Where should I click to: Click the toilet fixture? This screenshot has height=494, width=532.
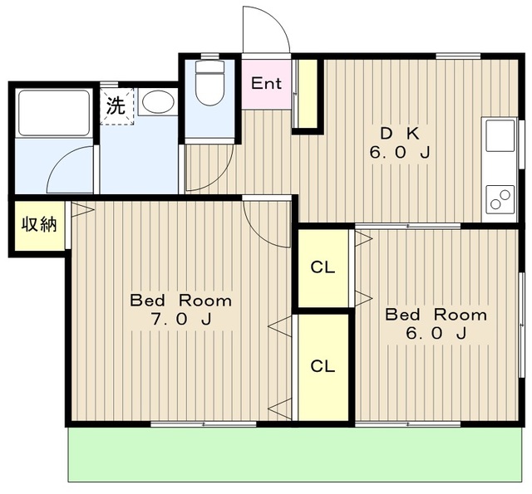click(x=209, y=83)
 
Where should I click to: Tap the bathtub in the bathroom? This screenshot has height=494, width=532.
click(x=54, y=113)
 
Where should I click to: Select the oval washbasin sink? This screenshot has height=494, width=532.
click(x=158, y=101)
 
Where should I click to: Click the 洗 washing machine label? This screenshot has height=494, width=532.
click(x=116, y=105)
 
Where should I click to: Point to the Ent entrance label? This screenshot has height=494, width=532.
click(x=266, y=83)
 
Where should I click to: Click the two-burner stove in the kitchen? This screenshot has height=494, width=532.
click(x=500, y=199)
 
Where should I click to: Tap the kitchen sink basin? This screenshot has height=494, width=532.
click(x=500, y=135)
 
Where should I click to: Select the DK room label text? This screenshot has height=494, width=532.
click(x=400, y=135)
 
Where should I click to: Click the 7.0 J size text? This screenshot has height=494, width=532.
click(x=181, y=319)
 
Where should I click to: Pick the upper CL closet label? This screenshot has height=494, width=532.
click(x=323, y=267)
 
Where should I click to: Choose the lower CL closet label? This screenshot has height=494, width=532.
click(x=323, y=366)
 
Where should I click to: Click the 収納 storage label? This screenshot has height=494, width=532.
click(x=39, y=224)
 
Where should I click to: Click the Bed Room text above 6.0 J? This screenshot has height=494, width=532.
click(x=436, y=315)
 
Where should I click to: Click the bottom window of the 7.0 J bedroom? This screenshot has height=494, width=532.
click(x=203, y=424)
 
